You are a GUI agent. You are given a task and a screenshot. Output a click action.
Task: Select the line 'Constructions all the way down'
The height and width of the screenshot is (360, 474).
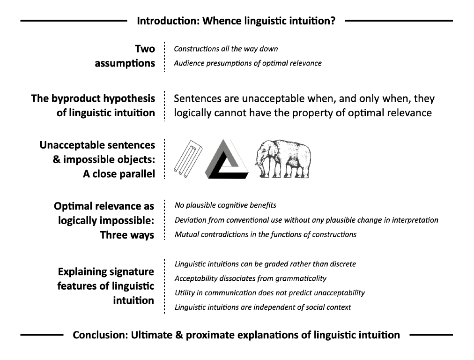coord(226,49)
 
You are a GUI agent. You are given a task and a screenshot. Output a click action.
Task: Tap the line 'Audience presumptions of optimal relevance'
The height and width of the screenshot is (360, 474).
coord(248,63)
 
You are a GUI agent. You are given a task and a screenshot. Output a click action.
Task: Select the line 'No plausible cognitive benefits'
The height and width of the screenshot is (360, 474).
coord(225,205)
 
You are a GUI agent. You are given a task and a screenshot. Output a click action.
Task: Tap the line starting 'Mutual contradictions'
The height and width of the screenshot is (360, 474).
coord(266,234)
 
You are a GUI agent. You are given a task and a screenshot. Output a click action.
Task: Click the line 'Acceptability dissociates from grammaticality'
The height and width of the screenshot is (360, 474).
coord(251,278)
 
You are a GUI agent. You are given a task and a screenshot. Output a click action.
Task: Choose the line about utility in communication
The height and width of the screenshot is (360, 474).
coord(270,293)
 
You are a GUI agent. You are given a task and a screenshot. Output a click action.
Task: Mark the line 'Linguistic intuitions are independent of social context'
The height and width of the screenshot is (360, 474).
coord(263,307)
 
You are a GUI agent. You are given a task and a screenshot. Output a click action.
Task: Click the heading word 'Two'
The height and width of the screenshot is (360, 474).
coord(145,49)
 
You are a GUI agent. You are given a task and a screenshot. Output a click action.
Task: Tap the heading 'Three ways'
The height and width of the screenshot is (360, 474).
coord(127,235)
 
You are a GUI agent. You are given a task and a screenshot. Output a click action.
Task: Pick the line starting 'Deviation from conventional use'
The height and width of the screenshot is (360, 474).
coord(306,220)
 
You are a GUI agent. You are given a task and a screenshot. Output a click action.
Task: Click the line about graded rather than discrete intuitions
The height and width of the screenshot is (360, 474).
coord(265,264)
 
